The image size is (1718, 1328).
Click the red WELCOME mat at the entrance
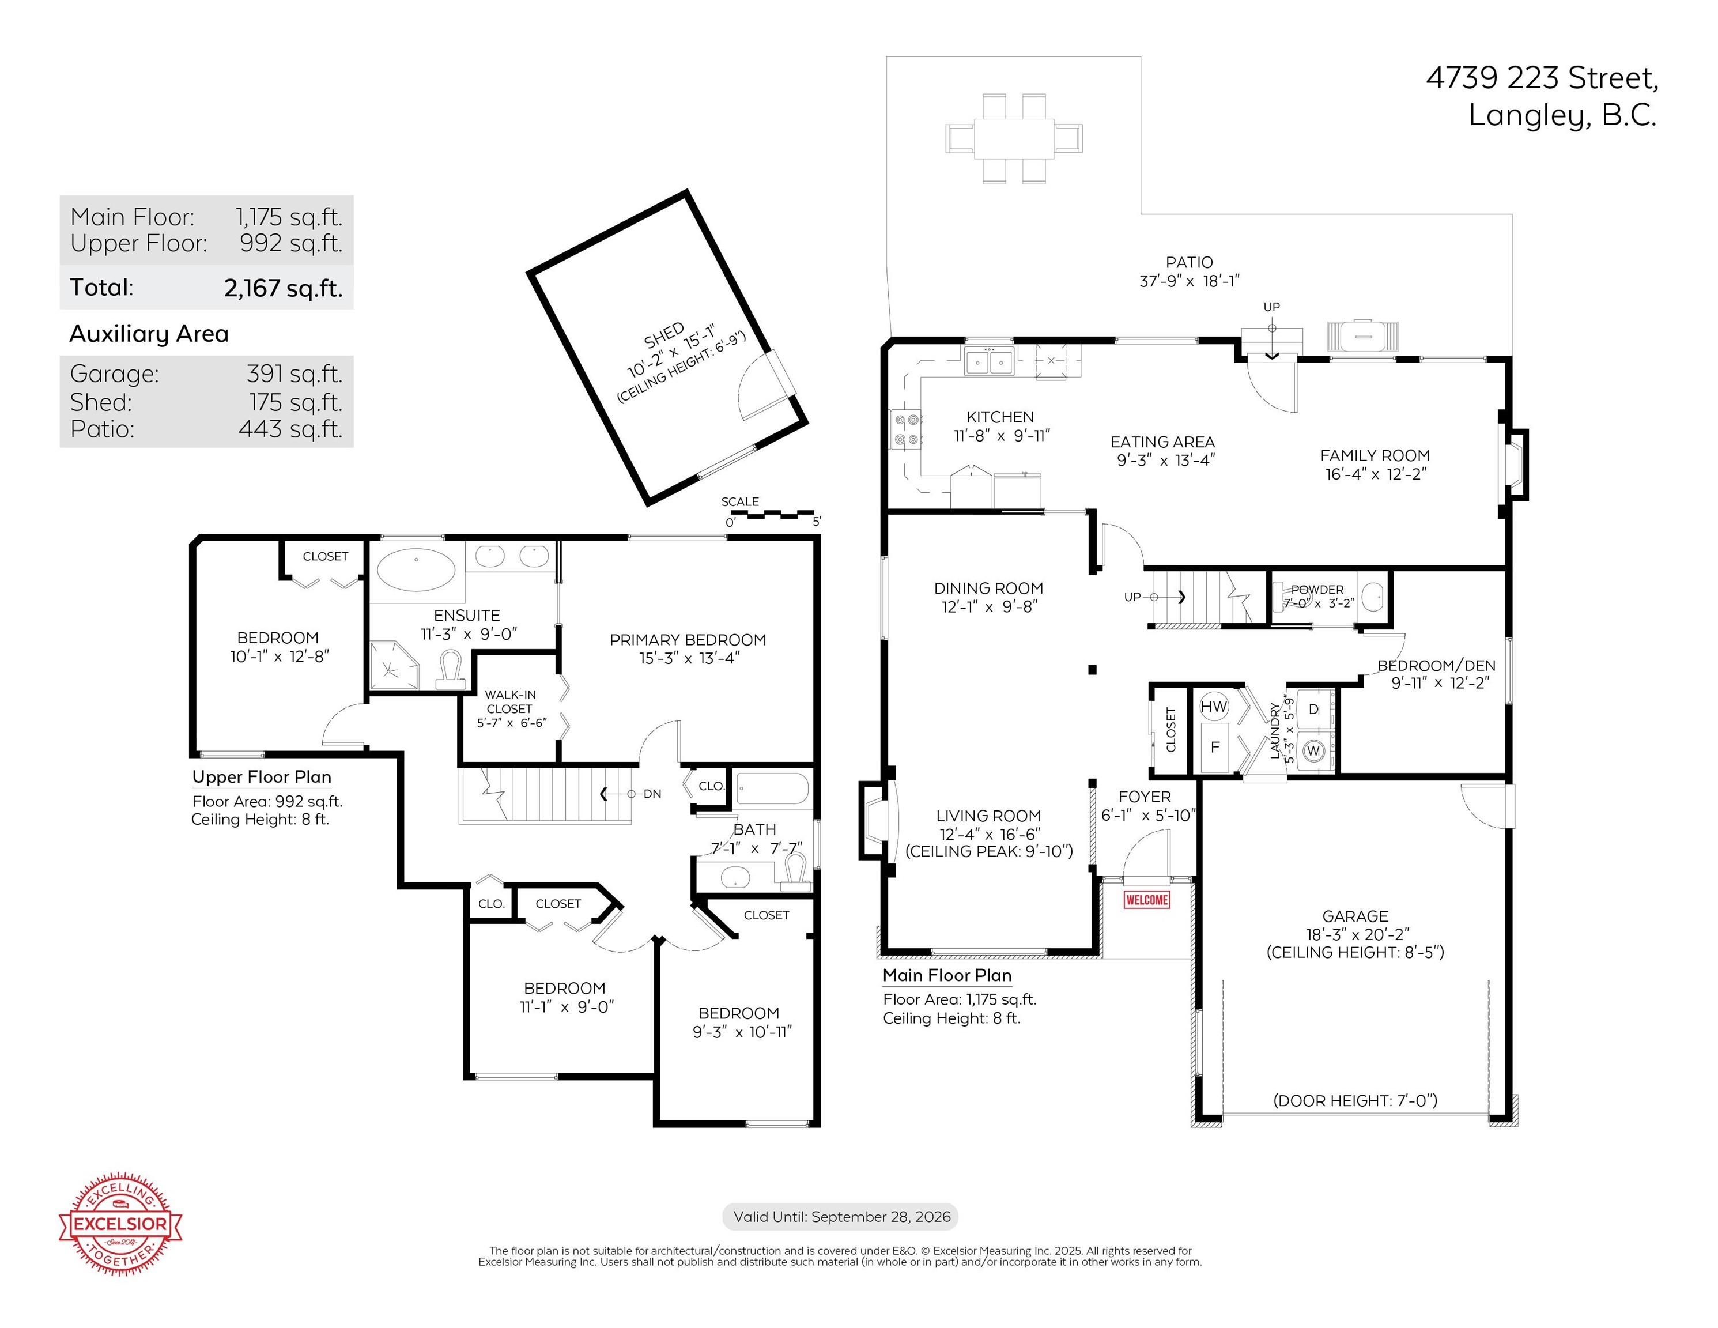pos(1147,899)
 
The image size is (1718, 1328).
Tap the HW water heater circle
pos(1214,707)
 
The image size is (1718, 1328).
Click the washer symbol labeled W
pos(1313,750)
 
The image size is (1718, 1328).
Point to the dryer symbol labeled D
pos(1313,709)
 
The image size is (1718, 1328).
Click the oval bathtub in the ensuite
pos(416,569)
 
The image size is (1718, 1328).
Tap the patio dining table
pos(1014,138)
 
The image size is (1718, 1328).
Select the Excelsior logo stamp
pos(120,1223)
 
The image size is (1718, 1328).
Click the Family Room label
pos(1375,455)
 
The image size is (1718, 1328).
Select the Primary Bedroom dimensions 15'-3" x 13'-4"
pos(689,658)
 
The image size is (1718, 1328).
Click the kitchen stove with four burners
pos(905,429)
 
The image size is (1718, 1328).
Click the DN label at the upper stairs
pos(652,794)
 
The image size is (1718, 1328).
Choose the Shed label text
pos(664,336)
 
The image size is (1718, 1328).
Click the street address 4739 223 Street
pos(1543,78)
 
